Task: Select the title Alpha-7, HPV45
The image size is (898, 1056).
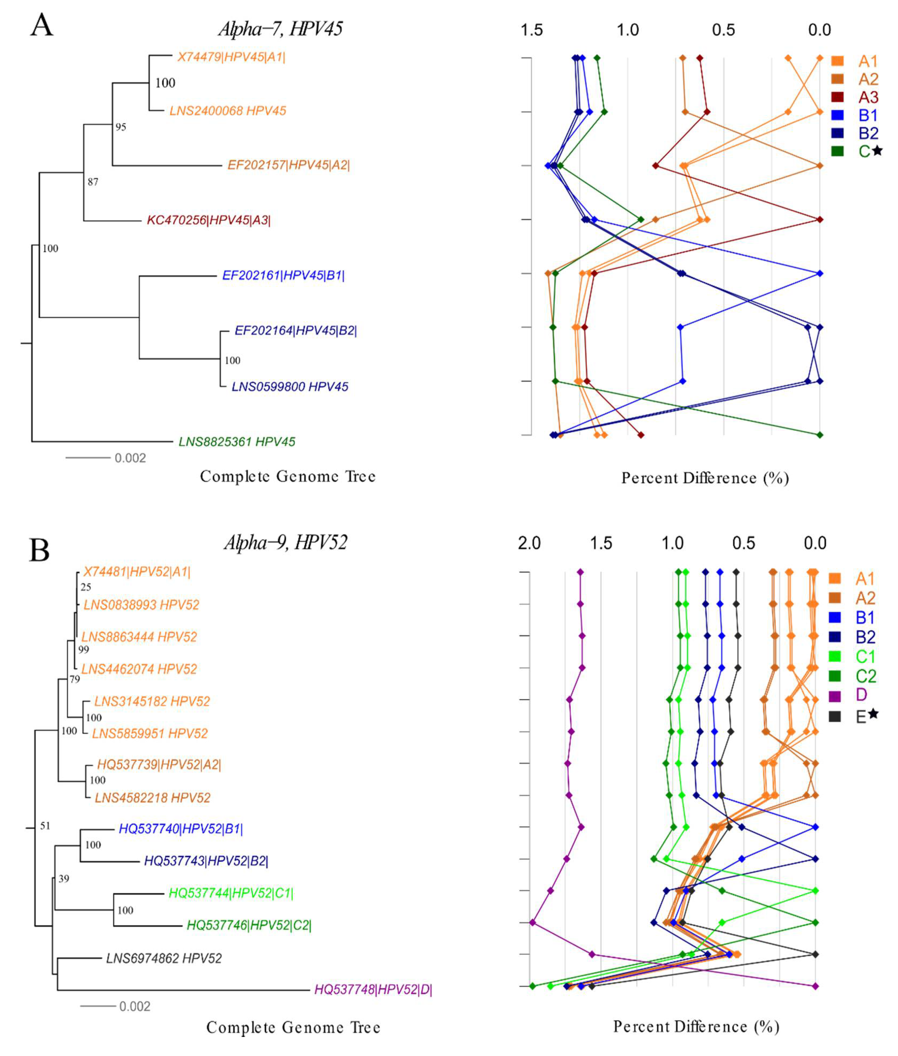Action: (280, 28)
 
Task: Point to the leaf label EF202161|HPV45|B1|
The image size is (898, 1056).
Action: (283, 275)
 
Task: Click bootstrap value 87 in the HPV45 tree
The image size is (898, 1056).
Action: (93, 182)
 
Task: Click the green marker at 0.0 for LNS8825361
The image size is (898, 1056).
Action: (820, 435)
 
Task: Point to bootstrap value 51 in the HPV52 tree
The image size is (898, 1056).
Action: (45, 826)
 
